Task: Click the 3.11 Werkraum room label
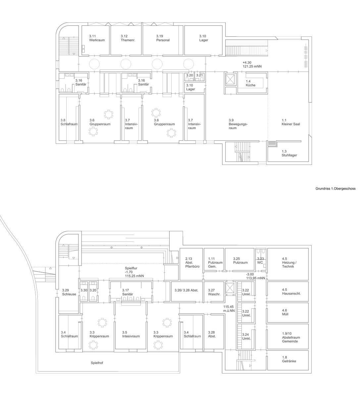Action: click(x=97, y=38)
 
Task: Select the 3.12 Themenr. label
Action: click(x=128, y=38)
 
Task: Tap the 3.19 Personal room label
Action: click(x=163, y=38)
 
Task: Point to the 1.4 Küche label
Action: click(x=250, y=83)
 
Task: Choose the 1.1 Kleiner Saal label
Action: click(x=291, y=122)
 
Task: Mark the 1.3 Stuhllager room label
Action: click(x=289, y=153)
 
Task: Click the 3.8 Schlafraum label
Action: click(x=69, y=122)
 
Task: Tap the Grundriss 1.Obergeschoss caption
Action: click(x=335, y=189)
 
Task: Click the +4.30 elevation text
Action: click(x=247, y=63)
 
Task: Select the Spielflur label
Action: click(x=131, y=268)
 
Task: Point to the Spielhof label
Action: click(x=97, y=363)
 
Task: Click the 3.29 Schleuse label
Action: click(x=69, y=292)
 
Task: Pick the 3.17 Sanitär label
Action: click(x=128, y=292)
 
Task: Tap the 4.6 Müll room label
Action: click(x=285, y=312)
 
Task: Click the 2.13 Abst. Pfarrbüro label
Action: click(x=192, y=262)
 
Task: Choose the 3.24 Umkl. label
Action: click(x=246, y=336)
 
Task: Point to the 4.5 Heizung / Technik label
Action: click(x=289, y=262)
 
